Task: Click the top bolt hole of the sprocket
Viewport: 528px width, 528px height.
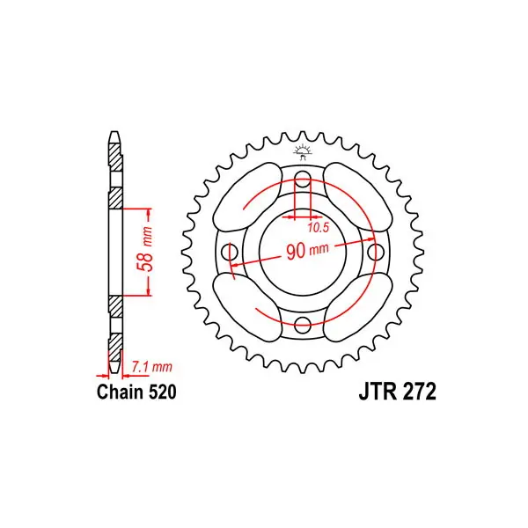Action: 303,179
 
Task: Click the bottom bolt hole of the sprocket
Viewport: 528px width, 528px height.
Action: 303,325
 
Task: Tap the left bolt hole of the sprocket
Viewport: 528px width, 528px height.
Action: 230,252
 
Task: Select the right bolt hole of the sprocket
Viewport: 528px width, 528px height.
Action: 376,252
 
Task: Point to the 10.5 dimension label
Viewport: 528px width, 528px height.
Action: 318,228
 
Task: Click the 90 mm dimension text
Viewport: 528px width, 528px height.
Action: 307,251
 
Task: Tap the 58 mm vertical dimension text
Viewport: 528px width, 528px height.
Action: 145,249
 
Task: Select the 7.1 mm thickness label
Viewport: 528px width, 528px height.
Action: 151,366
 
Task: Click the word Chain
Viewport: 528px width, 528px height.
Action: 120,392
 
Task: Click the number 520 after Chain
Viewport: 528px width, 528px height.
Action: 162,392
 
